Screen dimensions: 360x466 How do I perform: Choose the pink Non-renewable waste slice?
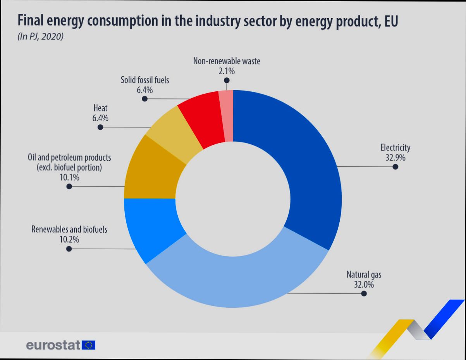click(x=227, y=115)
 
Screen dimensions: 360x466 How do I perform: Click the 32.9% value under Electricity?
click(x=395, y=158)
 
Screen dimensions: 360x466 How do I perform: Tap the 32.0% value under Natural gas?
click(x=364, y=285)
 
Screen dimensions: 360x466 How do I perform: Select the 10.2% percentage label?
click(x=69, y=240)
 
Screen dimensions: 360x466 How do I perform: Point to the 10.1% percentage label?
click(x=69, y=178)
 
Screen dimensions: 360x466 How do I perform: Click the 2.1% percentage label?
click(x=226, y=71)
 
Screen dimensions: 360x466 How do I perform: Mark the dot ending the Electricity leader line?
click(x=395, y=167)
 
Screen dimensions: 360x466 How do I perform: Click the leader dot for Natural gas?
click(x=364, y=294)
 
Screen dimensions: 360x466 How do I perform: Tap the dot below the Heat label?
click(x=100, y=127)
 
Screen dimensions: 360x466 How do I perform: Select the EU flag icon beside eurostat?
click(x=89, y=345)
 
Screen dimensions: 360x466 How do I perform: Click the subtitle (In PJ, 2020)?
click(x=40, y=38)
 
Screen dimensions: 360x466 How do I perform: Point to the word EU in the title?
click(x=391, y=22)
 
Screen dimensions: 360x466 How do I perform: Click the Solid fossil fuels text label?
click(x=144, y=81)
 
